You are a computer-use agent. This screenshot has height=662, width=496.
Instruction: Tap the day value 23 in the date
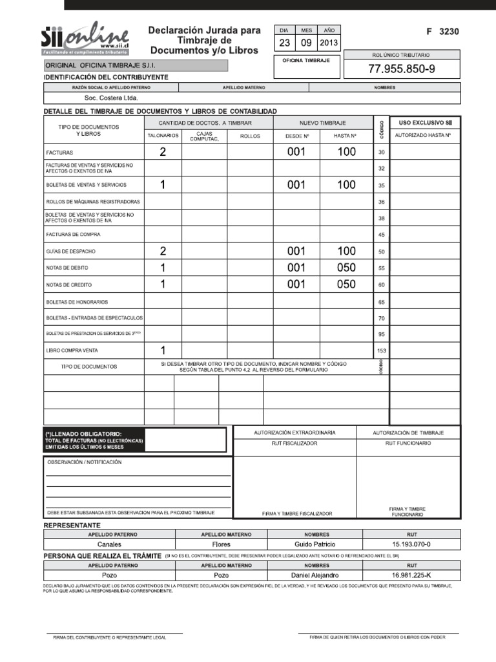285,43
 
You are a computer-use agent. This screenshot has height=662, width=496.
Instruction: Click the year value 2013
329,43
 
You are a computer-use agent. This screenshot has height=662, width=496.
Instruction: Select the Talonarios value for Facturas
163,153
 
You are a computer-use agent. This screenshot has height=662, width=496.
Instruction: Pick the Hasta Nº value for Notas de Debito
346,268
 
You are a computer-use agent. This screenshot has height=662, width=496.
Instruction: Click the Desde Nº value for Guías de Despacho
296,251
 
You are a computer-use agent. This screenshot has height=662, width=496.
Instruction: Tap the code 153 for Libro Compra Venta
381,351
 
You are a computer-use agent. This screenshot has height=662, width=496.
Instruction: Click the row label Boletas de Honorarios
77,302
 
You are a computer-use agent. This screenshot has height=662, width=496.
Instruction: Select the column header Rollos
249,136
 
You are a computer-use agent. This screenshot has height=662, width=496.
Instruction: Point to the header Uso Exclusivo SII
424,122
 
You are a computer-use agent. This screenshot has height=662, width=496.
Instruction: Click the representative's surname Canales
109,544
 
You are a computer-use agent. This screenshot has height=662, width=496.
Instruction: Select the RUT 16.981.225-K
411,575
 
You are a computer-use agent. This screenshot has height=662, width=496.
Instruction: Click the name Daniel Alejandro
315,575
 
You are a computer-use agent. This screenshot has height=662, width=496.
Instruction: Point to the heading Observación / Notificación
83,462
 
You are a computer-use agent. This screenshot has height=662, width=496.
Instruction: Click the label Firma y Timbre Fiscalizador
297,513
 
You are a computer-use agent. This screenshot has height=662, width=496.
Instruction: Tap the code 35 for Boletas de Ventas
381,186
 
